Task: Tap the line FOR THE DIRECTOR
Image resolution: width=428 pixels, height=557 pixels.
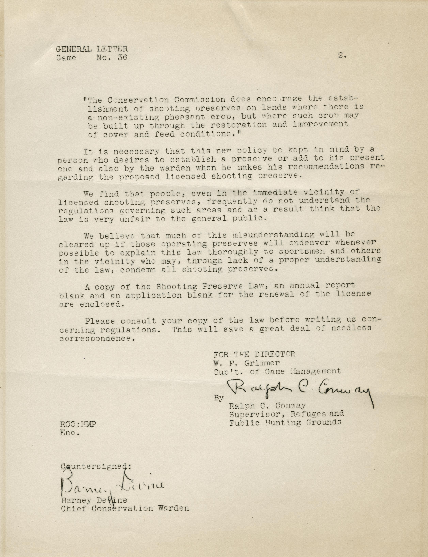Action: [x=254, y=354]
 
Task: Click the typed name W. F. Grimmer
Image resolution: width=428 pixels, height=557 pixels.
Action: [x=247, y=363]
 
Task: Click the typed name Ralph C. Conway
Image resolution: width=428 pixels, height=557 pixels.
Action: [x=267, y=406]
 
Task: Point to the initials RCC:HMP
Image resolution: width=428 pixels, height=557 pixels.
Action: [x=78, y=424]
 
